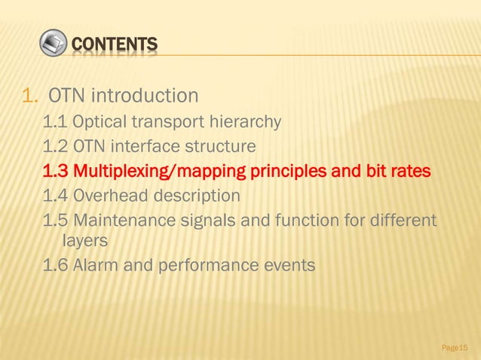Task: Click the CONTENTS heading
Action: [115, 46]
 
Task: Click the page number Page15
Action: [454, 347]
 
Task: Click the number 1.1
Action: [54, 121]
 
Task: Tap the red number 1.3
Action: [55, 171]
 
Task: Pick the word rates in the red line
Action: [409, 171]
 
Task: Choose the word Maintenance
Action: [123, 222]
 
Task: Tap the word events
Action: [291, 266]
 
